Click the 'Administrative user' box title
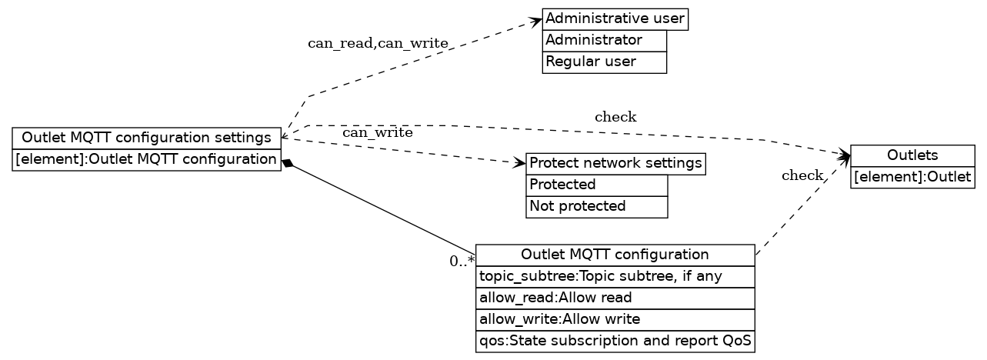pyautogui.click(x=615, y=18)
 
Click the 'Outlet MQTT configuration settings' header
pyautogui.click(x=146, y=138)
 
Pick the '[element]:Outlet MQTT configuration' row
pyautogui.click(x=146, y=159)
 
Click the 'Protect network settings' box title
pyautogui.click(x=615, y=163)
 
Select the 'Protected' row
pyautogui.click(x=596, y=185)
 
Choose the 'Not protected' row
pyautogui.click(x=596, y=206)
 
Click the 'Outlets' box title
pyautogui.click(x=912, y=155)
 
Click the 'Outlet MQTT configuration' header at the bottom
pyautogui.click(x=615, y=255)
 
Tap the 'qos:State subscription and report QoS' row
pyautogui.click(x=615, y=341)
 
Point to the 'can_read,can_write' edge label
pyautogui.click(x=378, y=43)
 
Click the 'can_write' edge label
pyautogui.click(x=377, y=133)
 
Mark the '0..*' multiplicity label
pyautogui.click(x=462, y=262)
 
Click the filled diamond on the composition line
pyautogui.click(x=288, y=163)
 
